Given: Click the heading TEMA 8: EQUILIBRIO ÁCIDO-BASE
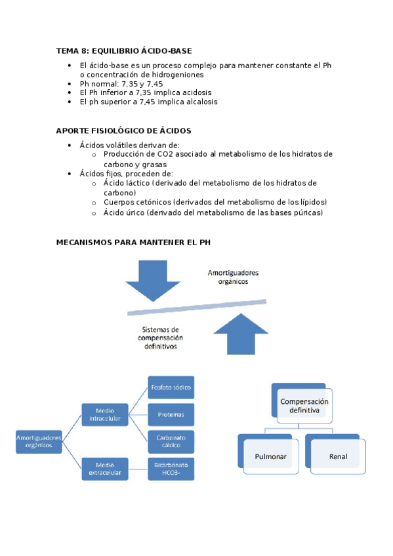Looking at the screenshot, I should coord(124,50).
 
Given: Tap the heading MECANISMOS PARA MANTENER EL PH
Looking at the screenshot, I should coord(133,242).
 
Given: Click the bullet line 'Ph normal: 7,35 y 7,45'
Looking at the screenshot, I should coord(121,84).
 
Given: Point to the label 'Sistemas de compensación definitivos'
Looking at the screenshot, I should coord(161,338).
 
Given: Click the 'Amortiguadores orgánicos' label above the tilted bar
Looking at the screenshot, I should coord(233,276).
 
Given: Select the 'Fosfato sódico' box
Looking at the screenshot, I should coord(171,387).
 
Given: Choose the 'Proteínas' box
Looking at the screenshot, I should coord(171,415).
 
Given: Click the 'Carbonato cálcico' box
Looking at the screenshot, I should coord(171,441).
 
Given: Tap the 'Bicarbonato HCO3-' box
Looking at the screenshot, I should coord(171,469).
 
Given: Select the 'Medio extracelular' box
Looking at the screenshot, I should coord(104,469).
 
